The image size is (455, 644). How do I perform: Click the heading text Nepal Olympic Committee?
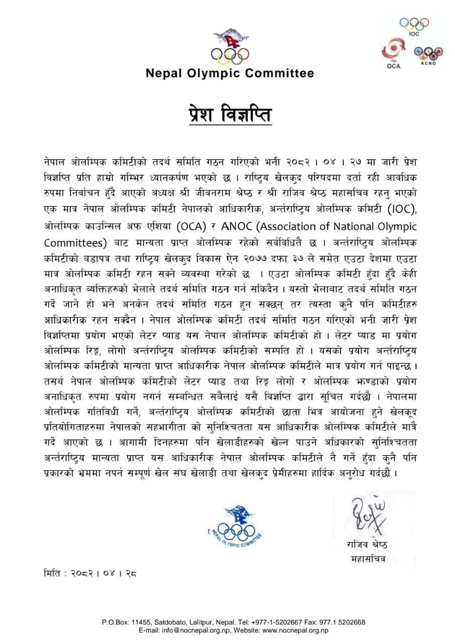(230, 73)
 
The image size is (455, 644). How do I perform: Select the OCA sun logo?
(394, 54)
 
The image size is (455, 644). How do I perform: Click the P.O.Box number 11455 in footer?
(141, 622)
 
